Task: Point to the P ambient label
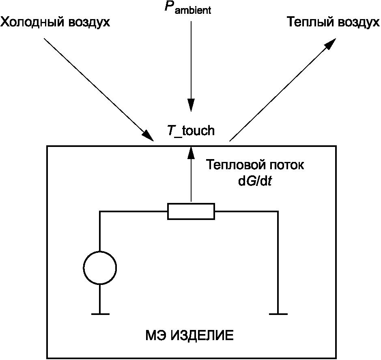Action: click(x=187, y=9)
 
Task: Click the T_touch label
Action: click(x=190, y=131)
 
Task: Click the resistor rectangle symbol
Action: click(x=191, y=211)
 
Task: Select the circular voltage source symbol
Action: click(x=100, y=268)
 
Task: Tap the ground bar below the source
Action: click(x=100, y=314)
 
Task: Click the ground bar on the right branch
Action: click(x=278, y=314)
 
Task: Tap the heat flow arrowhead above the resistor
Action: click(x=190, y=152)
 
